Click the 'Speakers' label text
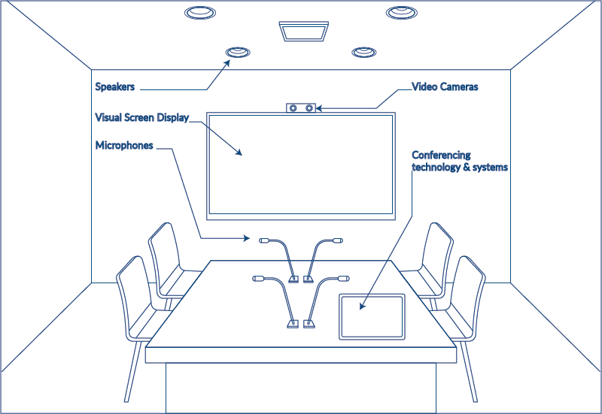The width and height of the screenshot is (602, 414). (x=115, y=87)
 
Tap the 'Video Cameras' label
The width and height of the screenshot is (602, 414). (x=445, y=87)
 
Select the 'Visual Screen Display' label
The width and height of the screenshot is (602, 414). (x=141, y=118)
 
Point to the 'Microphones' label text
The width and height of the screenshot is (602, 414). (x=124, y=145)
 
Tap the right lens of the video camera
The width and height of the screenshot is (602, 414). (x=309, y=108)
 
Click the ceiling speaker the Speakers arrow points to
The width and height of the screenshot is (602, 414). (x=239, y=52)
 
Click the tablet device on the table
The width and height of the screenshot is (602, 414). (x=372, y=316)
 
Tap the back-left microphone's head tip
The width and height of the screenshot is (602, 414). (x=265, y=241)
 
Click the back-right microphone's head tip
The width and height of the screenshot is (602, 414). (x=338, y=241)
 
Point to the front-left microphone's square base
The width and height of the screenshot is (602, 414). (x=291, y=325)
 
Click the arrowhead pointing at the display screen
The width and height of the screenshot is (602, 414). (x=239, y=153)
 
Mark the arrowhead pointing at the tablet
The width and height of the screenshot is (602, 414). (x=362, y=307)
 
